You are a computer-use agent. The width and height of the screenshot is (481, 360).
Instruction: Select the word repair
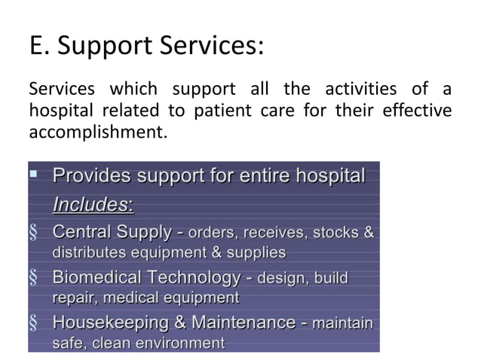pos(71,298)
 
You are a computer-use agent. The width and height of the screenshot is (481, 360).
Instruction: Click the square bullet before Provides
pos(33,175)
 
